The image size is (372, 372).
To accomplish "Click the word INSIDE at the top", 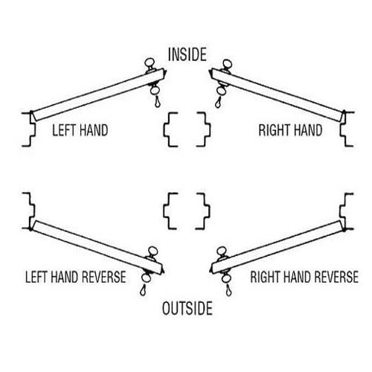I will (x=186, y=54).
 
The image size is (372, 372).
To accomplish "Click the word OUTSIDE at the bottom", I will (x=186, y=307).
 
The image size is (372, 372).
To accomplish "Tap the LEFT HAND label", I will (x=80, y=130).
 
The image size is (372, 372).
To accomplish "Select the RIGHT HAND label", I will (x=290, y=130).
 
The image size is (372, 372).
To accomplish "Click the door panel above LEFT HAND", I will (x=97, y=93).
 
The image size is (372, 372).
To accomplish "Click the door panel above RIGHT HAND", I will (x=279, y=93).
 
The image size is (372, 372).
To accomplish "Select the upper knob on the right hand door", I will (x=223, y=65).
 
